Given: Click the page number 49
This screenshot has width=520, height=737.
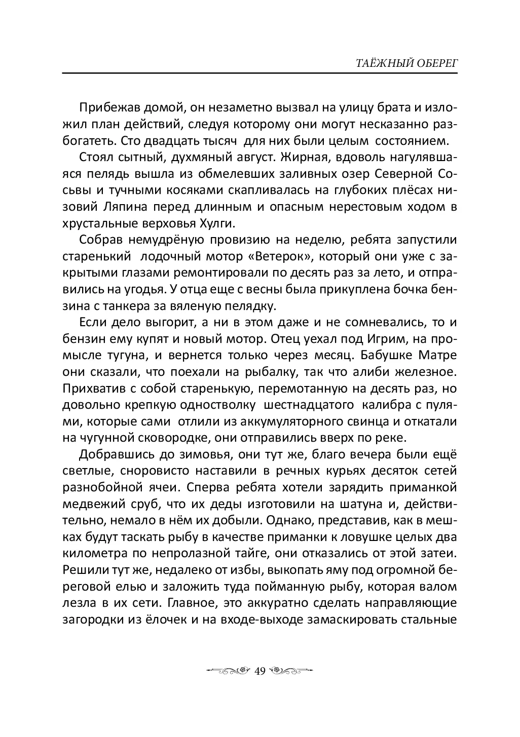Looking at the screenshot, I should click(x=260, y=671).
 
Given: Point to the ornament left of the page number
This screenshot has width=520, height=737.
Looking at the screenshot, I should click(x=229, y=671).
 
